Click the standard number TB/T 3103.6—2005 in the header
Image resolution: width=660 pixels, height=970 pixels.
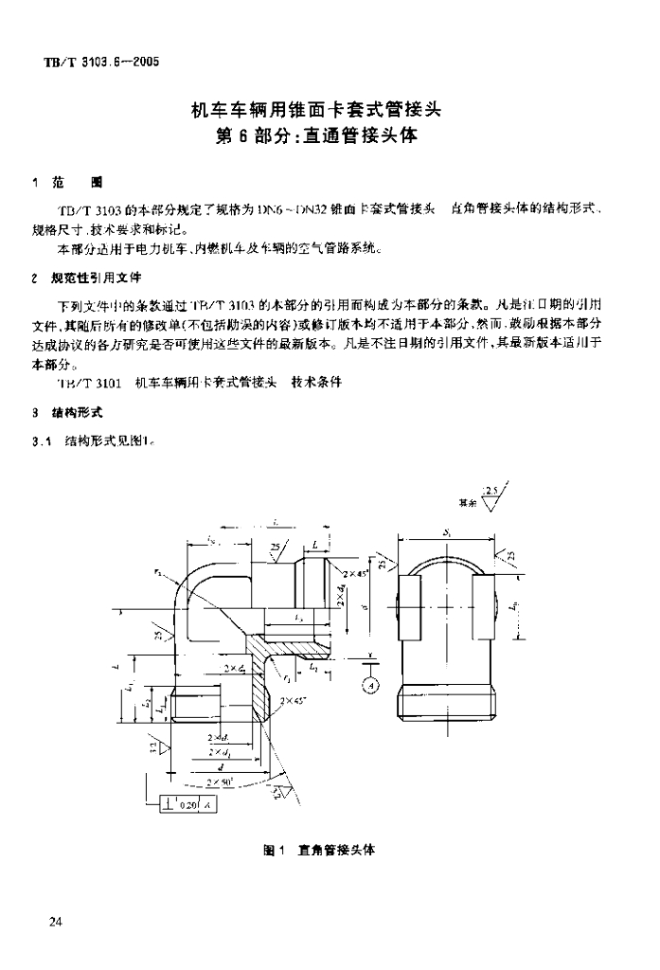pos(98,63)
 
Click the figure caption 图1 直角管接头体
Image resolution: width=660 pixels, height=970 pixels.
pos(317,850)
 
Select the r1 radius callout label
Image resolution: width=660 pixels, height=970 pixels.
pos(287,678)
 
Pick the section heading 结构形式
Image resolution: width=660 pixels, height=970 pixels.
pos(82,413)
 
